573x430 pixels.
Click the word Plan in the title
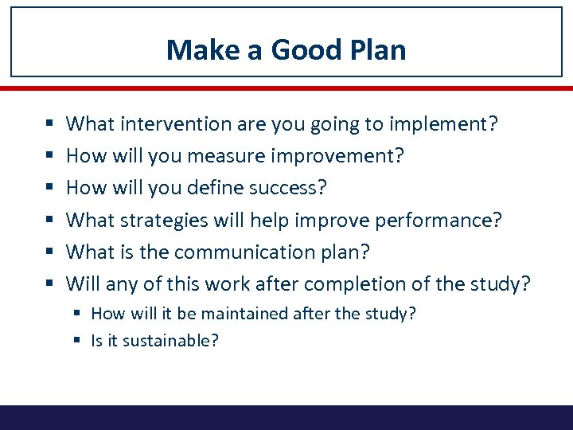(x=377, y=50)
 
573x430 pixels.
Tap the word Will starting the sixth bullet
(x=82, y=283)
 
